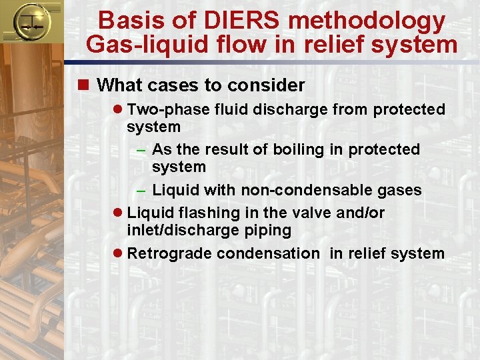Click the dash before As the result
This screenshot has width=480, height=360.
click(x=141, y=150)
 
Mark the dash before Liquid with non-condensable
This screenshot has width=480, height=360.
click(x=141, y=191)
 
